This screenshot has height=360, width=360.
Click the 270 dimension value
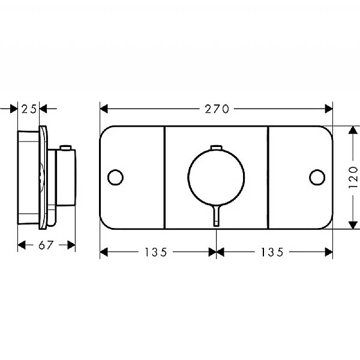pos(217,109)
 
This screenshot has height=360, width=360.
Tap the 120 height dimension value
pos(353,178)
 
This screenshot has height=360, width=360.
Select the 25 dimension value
pos(29,109)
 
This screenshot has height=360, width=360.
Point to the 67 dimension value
pos(46,245)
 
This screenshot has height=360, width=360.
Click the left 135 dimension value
pos(155,252)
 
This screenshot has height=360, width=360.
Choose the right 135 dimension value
pos(272,252)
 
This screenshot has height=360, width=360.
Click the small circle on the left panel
pos(115,177)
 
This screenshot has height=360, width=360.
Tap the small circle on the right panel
pos(317,177)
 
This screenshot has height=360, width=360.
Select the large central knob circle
pos(216,149)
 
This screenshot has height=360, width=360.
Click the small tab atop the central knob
pos(216,147)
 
